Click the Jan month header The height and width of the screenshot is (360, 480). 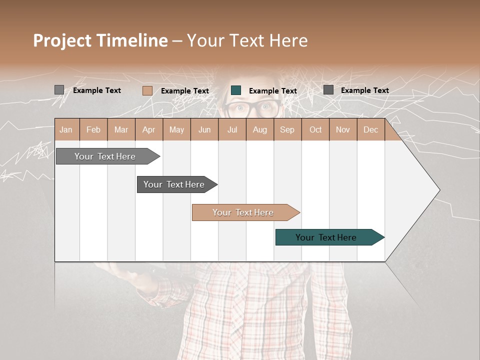click(66, 129)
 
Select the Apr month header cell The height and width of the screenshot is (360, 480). click(148, 129)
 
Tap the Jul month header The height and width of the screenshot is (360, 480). click(232, 129)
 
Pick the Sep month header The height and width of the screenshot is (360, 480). click(287, 129)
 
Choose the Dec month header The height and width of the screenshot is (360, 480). click(370, 129)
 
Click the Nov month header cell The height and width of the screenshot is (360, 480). click(342, 129)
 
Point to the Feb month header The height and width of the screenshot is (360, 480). click(93, 129)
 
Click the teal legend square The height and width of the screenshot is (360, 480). click(236, 90)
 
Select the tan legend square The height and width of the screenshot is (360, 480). click(147, 90)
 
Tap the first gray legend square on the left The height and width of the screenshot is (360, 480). click(59, 90)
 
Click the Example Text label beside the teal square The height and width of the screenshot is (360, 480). click(272, 91)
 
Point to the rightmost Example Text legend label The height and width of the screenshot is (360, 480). click(364, 90)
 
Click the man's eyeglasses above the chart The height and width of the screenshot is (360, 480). click(252, 107)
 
